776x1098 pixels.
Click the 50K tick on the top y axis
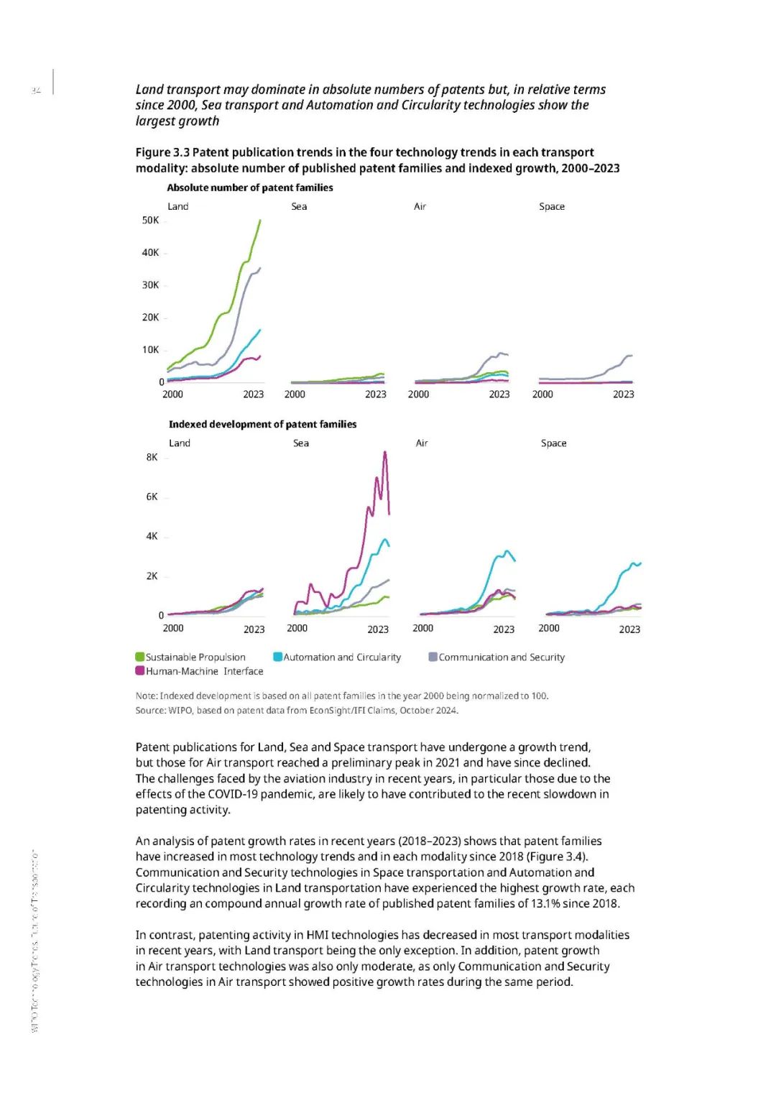click(x=150, y=220)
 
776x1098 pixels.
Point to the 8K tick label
click(x=152, y=457)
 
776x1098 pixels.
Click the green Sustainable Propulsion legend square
click(x=140, y=657)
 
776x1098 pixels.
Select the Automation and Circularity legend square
click(x=277, y=657)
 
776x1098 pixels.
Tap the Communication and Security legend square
click(x=433, y=657)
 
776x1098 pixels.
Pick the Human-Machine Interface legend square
click(x=140, y=670)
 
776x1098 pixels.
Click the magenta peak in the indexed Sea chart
click(x=385, y=452)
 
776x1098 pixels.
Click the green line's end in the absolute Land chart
click(x=260, y=221)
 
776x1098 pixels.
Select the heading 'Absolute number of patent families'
click(x=250, y=188)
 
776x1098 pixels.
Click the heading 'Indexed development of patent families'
click(x=262, y=424)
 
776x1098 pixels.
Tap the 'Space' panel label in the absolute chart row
click(x=552, y=206)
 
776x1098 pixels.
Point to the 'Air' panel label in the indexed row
click(x=422, y=443)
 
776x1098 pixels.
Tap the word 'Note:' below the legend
click(x=147, y=696)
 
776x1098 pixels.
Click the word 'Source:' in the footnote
click(x=151, y=710)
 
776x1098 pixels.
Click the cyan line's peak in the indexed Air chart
click(x=508, y=551)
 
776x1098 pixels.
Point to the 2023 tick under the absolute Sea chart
click(x=375, y=394)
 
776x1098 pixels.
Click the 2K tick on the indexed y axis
click(x=152, y=576)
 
